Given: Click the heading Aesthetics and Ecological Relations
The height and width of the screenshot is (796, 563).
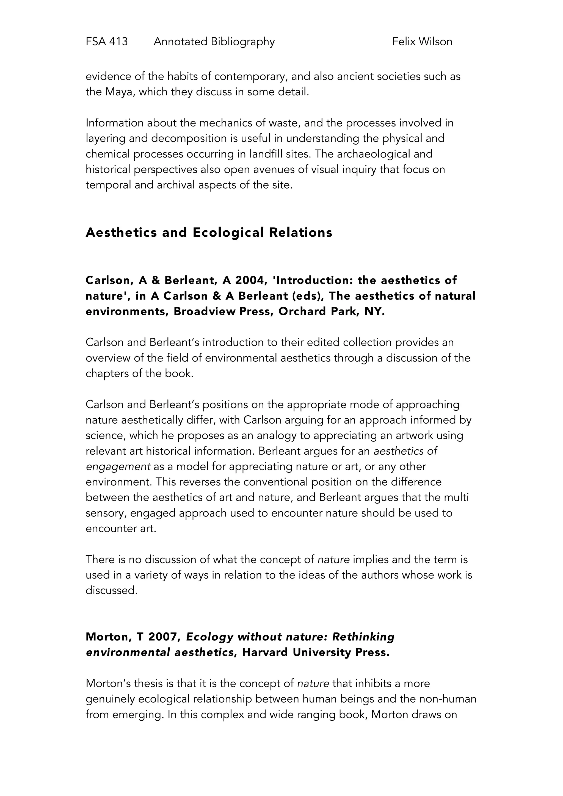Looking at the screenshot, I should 209,232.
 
